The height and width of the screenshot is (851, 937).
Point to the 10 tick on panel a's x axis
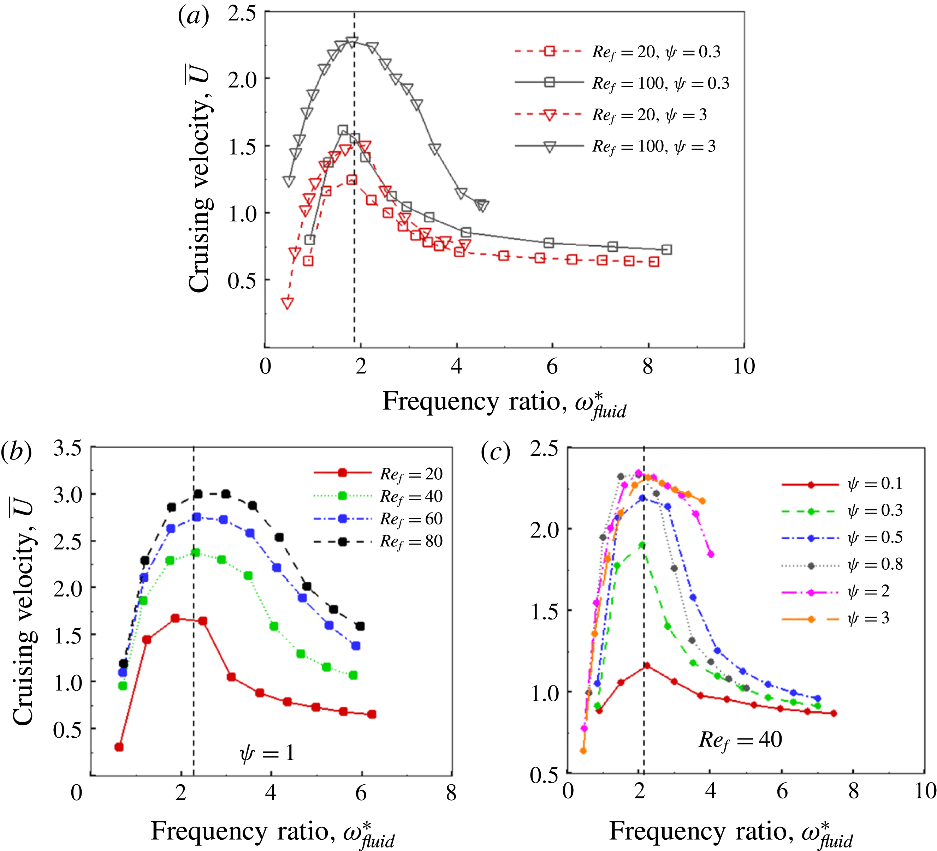click(x=744, y=366)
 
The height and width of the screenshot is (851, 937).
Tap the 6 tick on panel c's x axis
click(x=782, y=791)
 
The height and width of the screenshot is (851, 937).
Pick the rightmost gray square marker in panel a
click(x=666, y=250)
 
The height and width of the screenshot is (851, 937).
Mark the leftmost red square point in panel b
click(x=119, y=747)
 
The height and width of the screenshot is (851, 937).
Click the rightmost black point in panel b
click(x=360, y=626)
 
